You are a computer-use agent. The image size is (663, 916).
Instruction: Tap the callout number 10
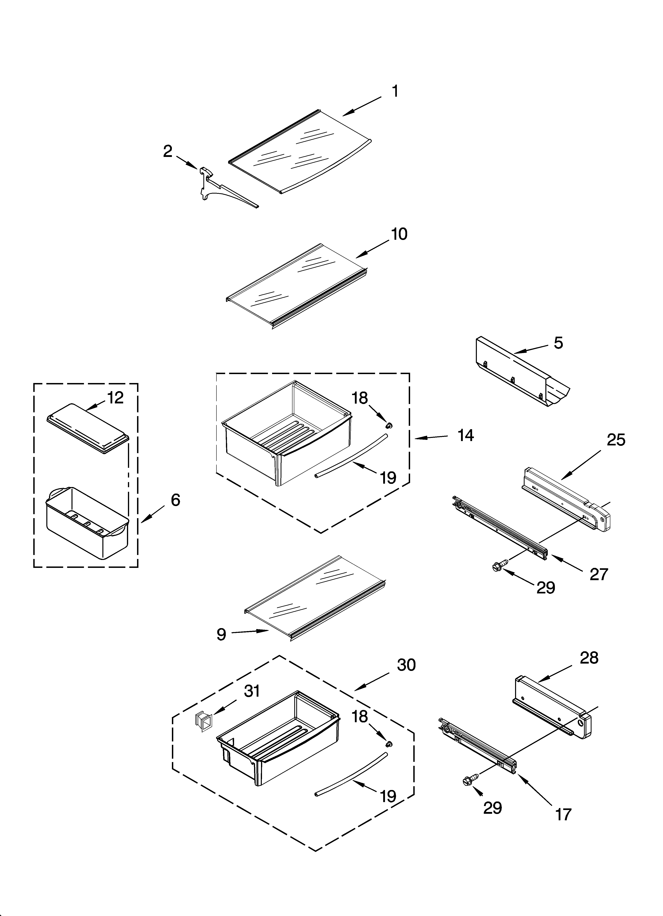399,234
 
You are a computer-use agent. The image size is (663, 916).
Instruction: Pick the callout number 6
175,500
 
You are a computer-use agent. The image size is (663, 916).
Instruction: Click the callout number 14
466,435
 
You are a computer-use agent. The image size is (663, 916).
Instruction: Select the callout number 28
589,658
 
